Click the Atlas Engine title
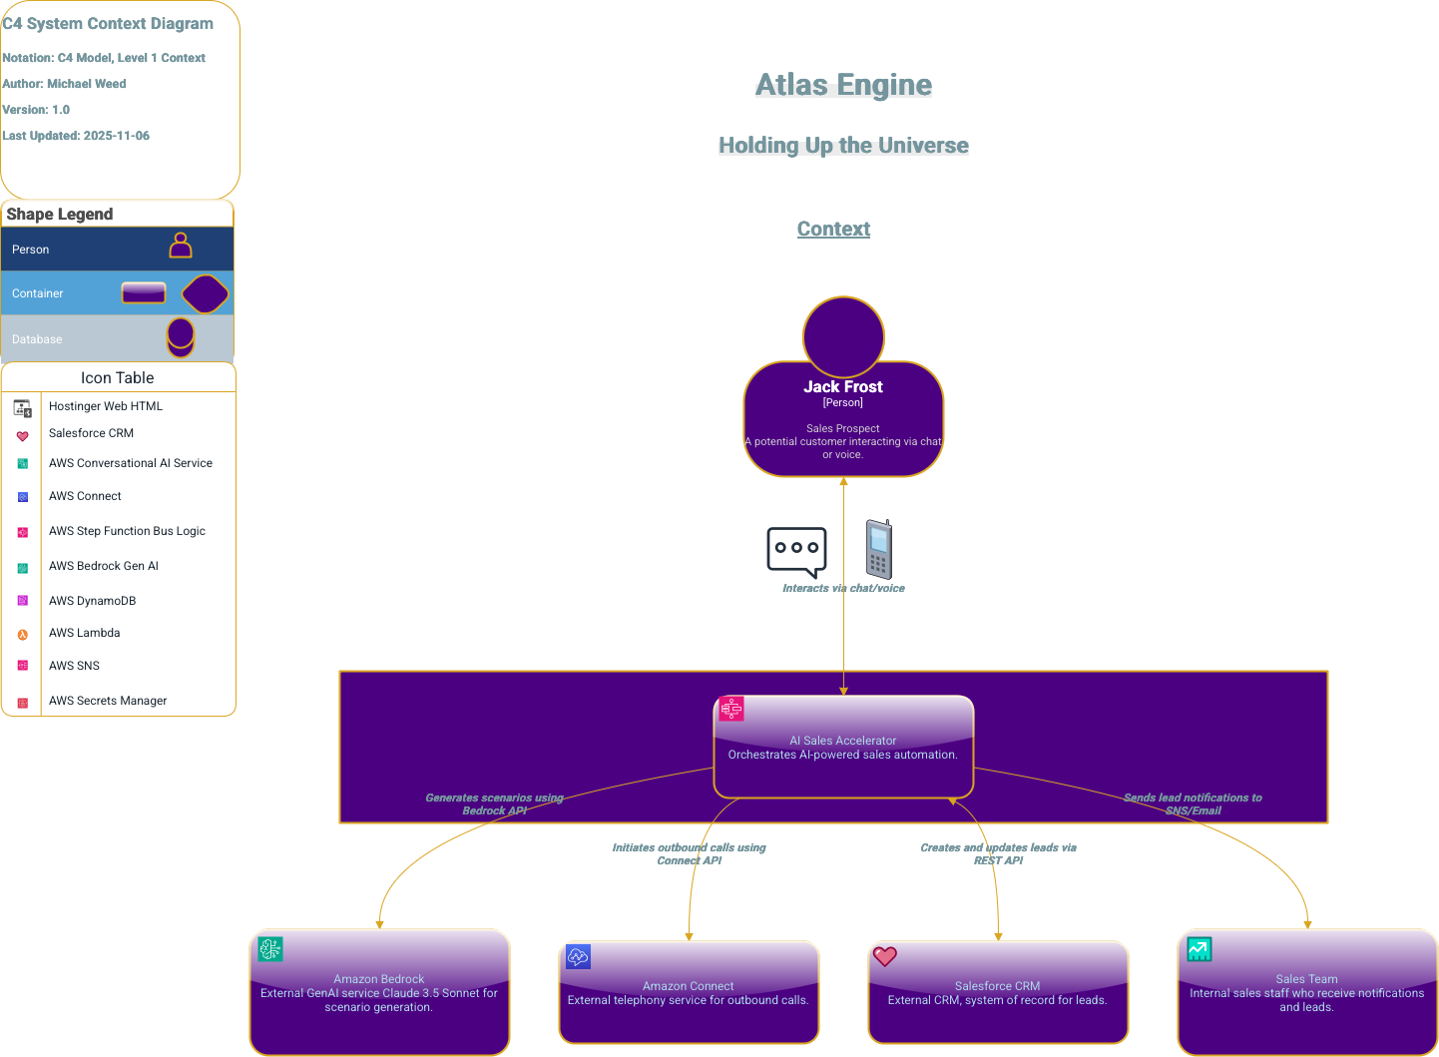coord(843,85)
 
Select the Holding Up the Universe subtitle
coord(843,146)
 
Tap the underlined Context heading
coord(833,229)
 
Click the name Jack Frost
coord(843,386)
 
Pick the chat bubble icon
coord(796,550)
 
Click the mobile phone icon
coord(878,549)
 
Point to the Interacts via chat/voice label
coord(843,588)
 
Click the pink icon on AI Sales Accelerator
coord(731,709)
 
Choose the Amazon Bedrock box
coord(379,993)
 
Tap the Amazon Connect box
coord(689,994)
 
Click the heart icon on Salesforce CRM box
coord(884,956)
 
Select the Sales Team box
coord(1307,993)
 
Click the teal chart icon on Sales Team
coord(1199,949)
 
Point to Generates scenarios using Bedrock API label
coord(494,803)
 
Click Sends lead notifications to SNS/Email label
coord(1193,803)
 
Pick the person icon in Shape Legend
coord(181,246)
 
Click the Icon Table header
coord(118,377)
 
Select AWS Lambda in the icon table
coord(84,633)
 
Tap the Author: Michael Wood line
coord(65,84)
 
